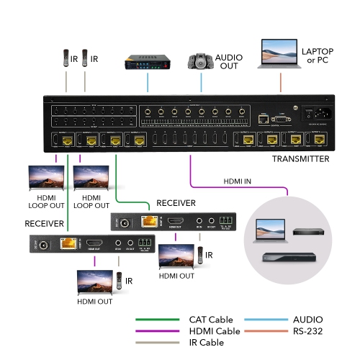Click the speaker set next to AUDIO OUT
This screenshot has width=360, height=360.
click(199, 62)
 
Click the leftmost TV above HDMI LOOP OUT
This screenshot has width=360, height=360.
click(45, 178)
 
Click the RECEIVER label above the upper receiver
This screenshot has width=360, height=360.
click(176, 204)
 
